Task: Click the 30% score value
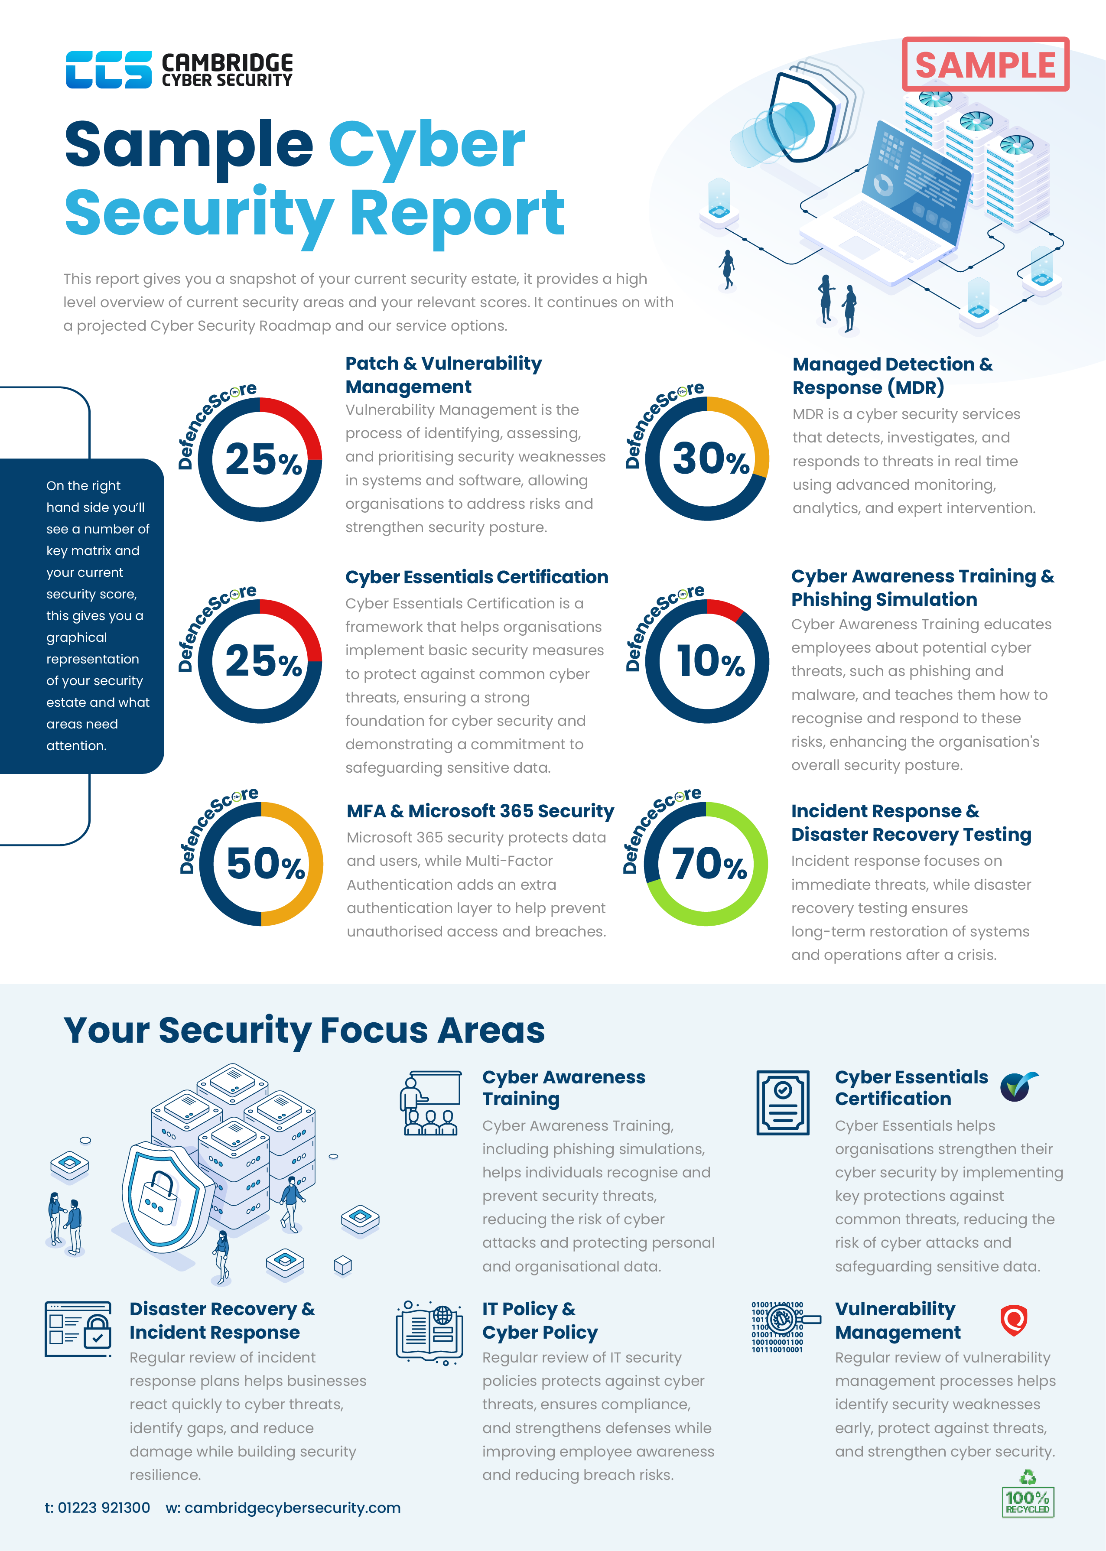pos(710,459)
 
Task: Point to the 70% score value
pos(708,863)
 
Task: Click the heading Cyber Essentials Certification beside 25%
pos(476,577)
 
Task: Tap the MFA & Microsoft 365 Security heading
pos(480,811)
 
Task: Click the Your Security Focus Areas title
pos(304,1030)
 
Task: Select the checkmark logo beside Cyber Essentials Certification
pos(1018,1086)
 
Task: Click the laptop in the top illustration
pos(899,204)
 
